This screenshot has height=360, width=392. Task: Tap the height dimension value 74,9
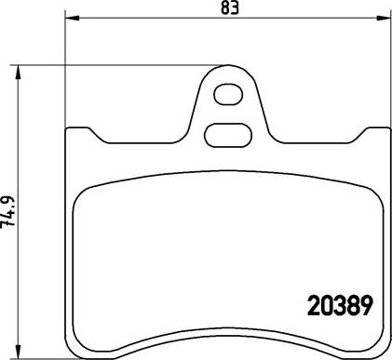pos(10,213)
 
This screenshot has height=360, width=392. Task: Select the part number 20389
pos(340,305)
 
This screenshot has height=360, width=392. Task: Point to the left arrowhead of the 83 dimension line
pos(69,19)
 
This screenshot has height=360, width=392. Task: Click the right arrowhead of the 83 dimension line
pos(385,19)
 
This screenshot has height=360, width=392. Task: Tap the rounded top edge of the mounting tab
pos(226,69)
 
